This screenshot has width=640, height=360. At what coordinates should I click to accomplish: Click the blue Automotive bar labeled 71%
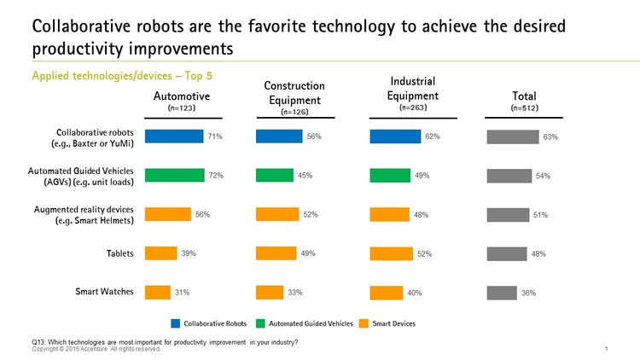pos(174,136)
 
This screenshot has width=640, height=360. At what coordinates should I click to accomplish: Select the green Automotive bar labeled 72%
pos(174,175)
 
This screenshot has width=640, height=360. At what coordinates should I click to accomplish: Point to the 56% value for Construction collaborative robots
pos(314,136)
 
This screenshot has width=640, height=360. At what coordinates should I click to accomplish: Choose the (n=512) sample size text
pos(523,108)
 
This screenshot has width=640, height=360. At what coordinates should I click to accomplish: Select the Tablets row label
pos(119,253)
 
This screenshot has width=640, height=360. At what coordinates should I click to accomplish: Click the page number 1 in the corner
pos(605,349)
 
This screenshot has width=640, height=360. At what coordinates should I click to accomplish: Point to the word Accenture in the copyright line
pos(86,349)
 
